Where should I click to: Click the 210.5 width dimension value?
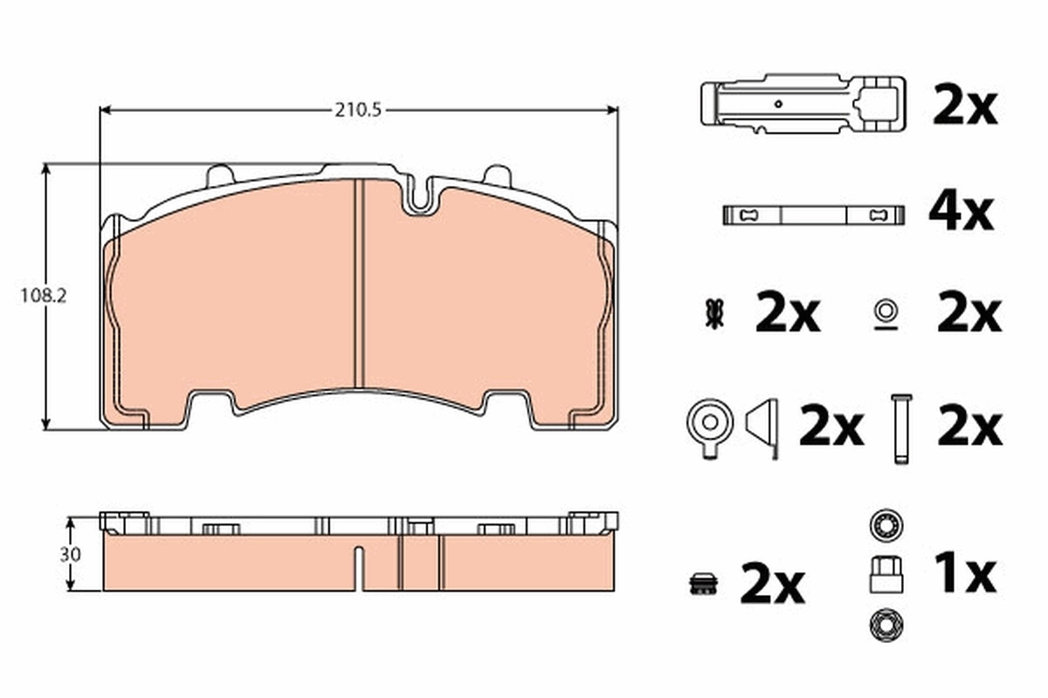pos(359,110)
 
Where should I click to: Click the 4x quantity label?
pos(962,213)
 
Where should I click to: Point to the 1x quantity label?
pos(964,573)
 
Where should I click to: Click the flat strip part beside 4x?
pos(810,215)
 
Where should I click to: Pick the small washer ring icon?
pos(885,311)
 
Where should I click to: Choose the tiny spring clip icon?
pos(714,314)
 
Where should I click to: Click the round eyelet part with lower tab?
pos(709,426)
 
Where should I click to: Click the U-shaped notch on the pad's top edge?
pos(420,196)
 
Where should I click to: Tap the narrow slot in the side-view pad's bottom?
pos(358,566)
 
